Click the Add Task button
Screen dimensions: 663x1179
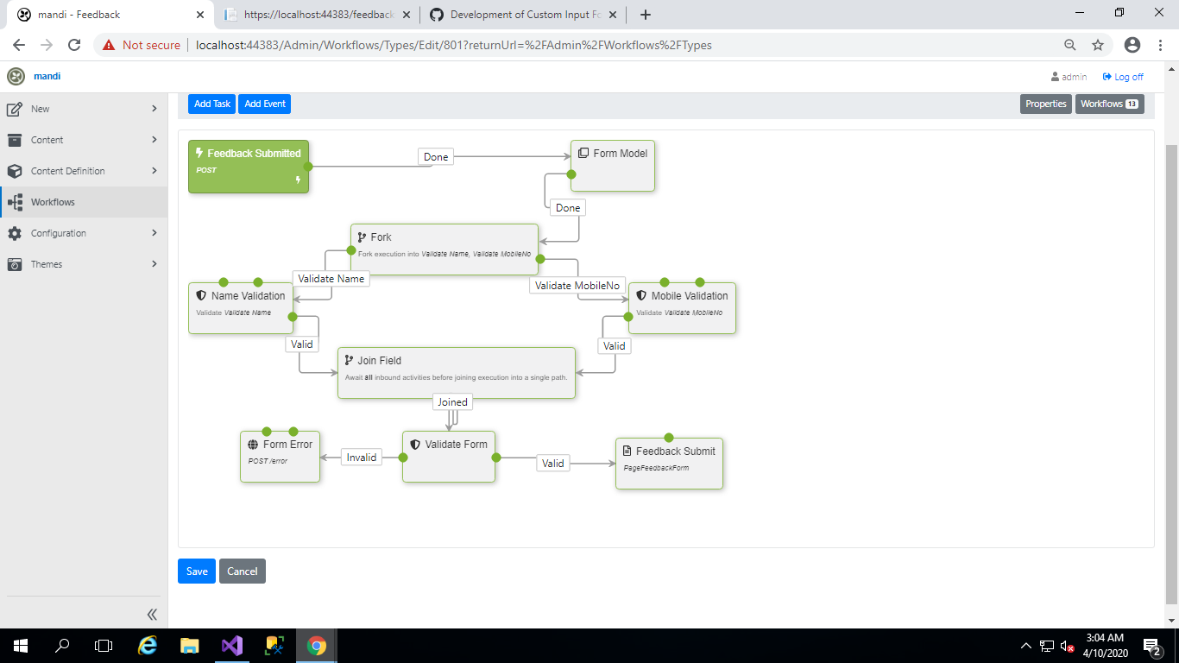point(211,104)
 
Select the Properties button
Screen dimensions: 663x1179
point(1046,104)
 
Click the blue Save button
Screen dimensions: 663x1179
point(197,571)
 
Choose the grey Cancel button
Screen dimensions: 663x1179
point(243,571)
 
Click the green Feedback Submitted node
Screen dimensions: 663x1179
point(248,166)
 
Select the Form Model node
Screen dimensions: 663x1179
point(613,166)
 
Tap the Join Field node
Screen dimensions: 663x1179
point(456,373)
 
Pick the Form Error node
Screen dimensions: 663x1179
point(280,456)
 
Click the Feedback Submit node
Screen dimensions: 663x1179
point(669,464)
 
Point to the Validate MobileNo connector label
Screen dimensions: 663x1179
point(577,286)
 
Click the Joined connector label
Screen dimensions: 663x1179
point(452,402)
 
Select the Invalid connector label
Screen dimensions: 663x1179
point(362,458)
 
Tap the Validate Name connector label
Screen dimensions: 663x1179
point(331,279)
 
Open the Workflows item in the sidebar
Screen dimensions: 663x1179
point(53,202)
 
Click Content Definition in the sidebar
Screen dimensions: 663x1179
point(67,171)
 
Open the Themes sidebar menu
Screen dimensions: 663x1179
point(47,264)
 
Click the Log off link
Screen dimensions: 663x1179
point(1124,77)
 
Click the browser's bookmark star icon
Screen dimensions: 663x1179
point(1098,45)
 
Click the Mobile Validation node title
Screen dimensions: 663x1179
point(689,296)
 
